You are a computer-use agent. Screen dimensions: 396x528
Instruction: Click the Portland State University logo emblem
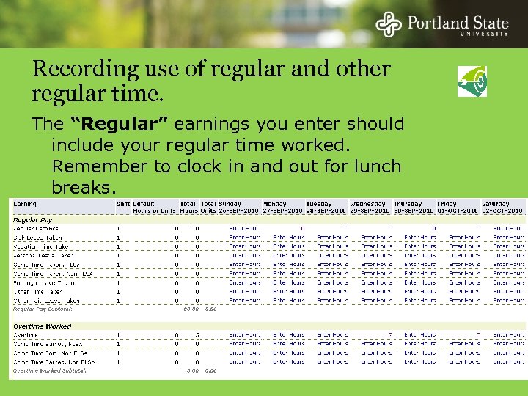tap(389, 23)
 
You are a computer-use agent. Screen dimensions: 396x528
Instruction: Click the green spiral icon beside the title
tap(472, 81)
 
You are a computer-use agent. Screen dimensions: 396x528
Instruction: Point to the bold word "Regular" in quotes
tap(103, 125)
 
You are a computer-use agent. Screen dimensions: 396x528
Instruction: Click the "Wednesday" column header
tap(367, 203)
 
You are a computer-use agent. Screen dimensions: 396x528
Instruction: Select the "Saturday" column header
tap(495, 203)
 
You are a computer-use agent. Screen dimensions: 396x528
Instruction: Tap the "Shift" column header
tap(122, 203)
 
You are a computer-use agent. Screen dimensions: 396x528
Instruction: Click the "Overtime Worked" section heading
tap(42, 326)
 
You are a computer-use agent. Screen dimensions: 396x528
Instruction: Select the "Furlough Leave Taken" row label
tap(44, 282)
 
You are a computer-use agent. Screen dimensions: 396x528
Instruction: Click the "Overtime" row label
tap(26, 335)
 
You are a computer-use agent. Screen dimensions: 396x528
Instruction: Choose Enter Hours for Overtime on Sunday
tap(245, 335)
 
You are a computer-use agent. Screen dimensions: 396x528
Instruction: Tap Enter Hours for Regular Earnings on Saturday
tap(508, 229)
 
